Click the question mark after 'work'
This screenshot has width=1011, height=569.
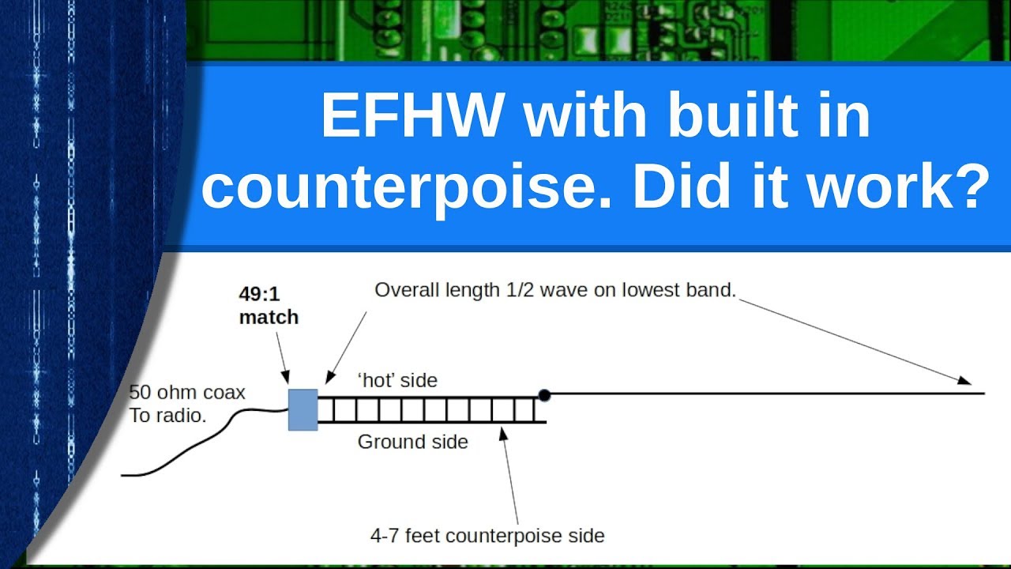coord(969,187)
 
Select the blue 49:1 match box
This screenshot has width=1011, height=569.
coord(303,409)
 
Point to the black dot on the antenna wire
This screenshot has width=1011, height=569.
coord(543,394)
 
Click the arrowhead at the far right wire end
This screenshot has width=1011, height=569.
coord(964,380)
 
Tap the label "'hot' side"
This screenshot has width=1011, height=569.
coord(398,380)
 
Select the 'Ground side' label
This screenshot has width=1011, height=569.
coord(412,442)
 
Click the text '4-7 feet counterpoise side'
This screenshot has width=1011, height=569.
coord(487,536)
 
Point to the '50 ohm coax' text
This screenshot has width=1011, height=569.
coord(187,393)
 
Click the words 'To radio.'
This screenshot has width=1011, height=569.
coord(167,416)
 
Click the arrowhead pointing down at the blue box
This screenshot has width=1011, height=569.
coord(287,382)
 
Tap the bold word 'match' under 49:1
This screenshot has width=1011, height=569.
coord(269,317)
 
